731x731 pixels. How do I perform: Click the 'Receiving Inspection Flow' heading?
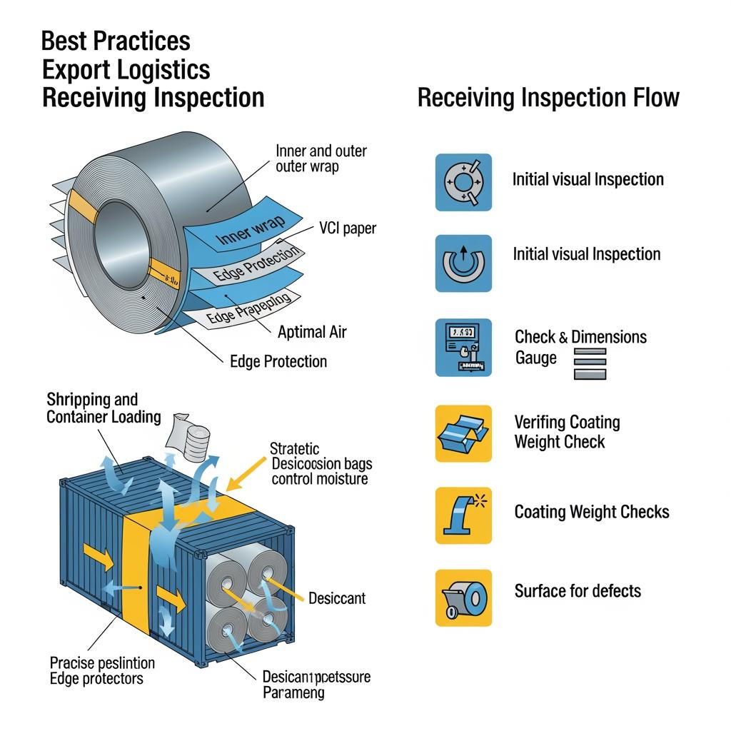tap(548, 98)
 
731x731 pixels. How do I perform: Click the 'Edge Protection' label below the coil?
tap(278, 361)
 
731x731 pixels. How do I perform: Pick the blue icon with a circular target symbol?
tap(463, 182)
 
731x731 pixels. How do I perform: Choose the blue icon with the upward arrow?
tap(463, 263)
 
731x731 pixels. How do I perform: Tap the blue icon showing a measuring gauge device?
tap(463, 348)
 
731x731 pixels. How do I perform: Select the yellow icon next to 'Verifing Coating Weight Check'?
tap(463, 433)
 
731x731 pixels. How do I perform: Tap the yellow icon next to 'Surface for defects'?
tap(463, 598)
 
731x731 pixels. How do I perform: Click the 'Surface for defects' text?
tap(578, 591)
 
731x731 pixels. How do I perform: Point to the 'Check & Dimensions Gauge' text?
tap(580, 346)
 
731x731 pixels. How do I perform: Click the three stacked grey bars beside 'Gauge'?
tap(590, 363)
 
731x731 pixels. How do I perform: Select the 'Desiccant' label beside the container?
tap(337, 598)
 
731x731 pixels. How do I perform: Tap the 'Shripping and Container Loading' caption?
tap(104, 408)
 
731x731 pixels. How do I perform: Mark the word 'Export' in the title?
tap(81, 69)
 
